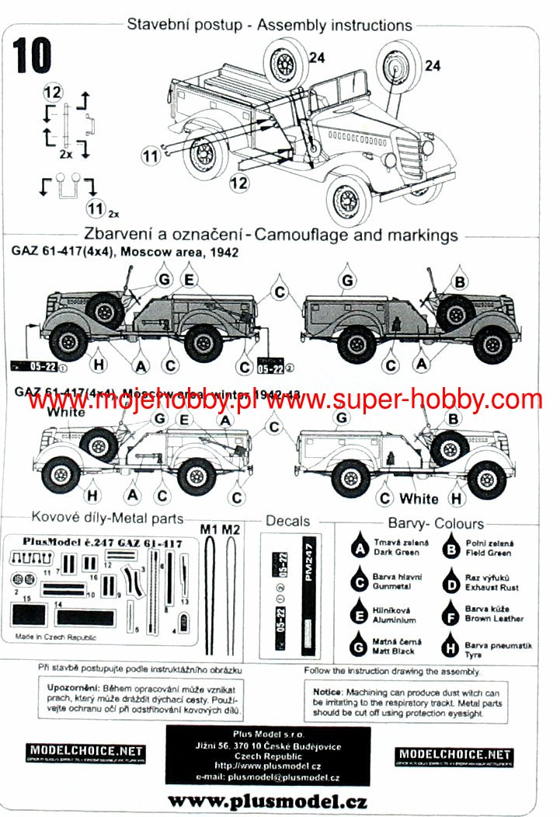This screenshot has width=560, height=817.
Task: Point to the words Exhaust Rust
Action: click(x=492, y=588)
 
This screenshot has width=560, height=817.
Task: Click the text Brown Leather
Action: click(x=494, y=619)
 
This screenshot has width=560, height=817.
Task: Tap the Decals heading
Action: click(x=287, y=521)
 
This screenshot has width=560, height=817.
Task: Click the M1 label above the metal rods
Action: click(x=209, y=529)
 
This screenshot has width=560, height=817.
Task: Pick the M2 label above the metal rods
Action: click(x=231, y=529)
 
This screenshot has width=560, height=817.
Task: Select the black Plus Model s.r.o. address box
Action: click(x=268, y=755)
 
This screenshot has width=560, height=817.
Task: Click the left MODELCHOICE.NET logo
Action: click(x=85, y=752)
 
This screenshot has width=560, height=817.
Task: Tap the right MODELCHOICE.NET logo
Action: click(x=454, y=755)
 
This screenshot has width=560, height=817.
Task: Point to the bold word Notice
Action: click(x=327, y=691)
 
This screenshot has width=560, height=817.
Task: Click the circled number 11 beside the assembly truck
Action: click(x=150, y=155)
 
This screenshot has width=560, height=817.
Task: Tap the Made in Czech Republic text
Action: click(x=54, y=636)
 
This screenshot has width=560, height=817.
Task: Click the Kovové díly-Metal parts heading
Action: click(x=107, y=518)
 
